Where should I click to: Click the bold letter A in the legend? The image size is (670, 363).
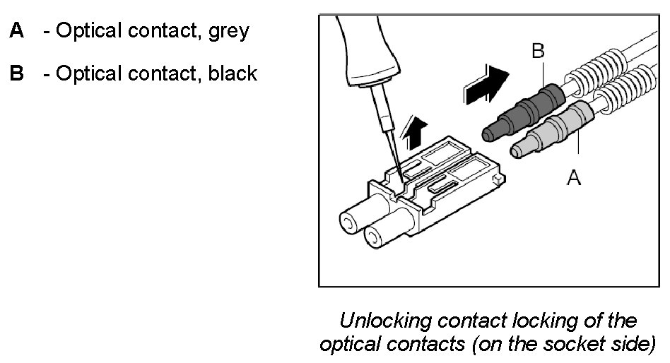tap(16, 32)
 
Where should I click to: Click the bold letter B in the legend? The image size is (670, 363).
tap(16, 73)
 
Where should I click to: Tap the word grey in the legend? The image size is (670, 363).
tap(228, 32)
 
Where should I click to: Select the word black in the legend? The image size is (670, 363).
tap(232, 73)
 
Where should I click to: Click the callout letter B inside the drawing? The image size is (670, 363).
tap(539, 51)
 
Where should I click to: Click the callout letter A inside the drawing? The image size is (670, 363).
tap(574, 179)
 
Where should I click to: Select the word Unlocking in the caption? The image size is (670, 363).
tap(384, 321)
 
